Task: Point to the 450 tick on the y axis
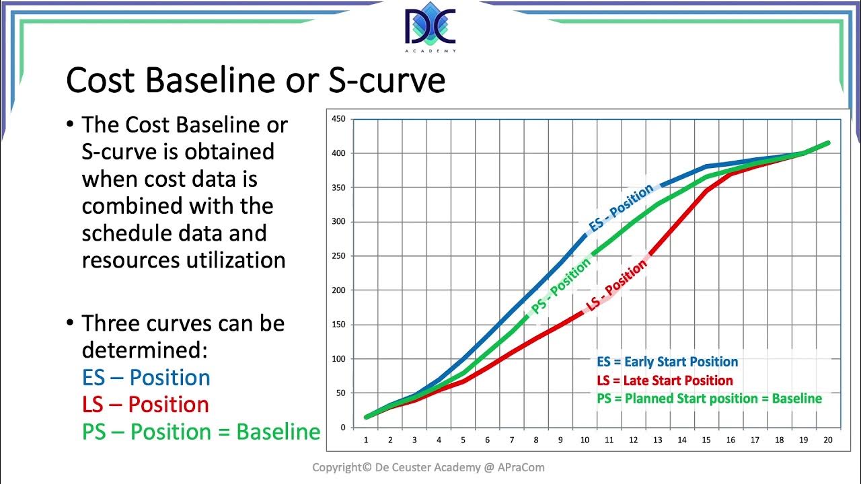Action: pyautogui.click(x=338, y=119)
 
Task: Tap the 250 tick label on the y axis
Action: pyautogui.click(x=338, y=256)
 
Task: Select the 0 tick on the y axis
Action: pyautogui.click(x=342, y=427)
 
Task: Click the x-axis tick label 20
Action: pyautogui.click(x=827, y=440)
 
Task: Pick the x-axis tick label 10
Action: pyautogui.click(x=585, y=440)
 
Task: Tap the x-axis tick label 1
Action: pyautogui.click(x=366, y=440)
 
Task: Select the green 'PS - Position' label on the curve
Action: pyautogui.click(x=561, y=285)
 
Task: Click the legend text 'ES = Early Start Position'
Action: pyautogui.click(x=667, y=362)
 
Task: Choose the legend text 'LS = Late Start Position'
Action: pyautogui.click(x=665, y=380)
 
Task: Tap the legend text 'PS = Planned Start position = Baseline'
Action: pyautogui.click(x=709, y=399)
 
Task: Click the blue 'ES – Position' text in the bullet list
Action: pyautogui.click(x=146, y=377)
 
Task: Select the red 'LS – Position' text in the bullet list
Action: pyautogui.click(x=145, y=404)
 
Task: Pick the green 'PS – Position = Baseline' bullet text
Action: pyautogui.click(x=200, y=432)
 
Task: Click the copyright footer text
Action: pyautogui.click(x=428, y=467)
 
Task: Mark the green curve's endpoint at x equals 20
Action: pyautogui.click(x=827, y=143)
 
